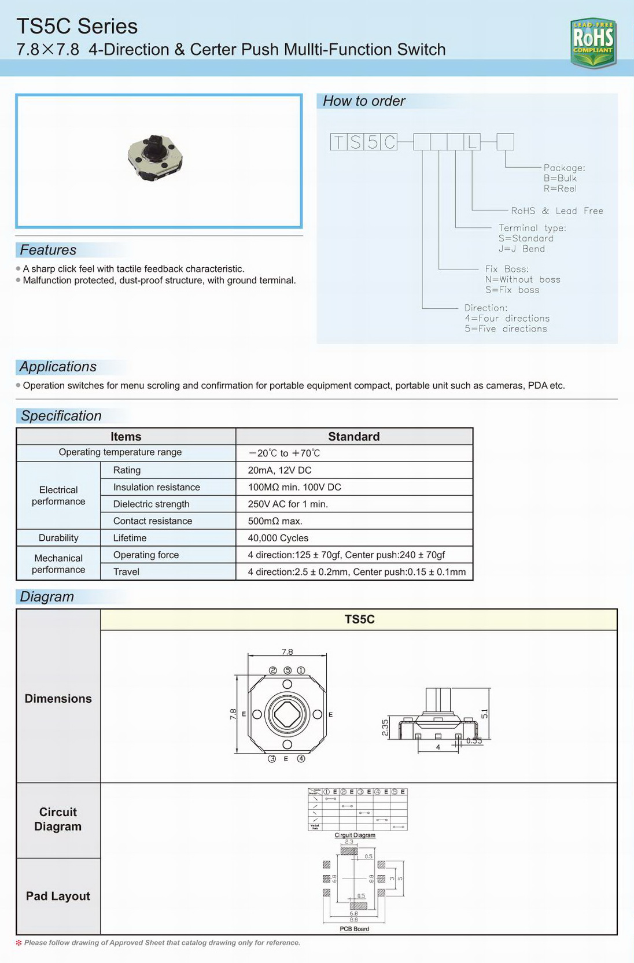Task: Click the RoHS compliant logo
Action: pyautogui.click(x=593, y=42)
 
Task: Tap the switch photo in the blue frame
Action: pyautogui.click(x=156, y=157)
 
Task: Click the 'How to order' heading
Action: pyautogui.click(x=364, y=101)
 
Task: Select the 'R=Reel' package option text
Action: pyautogui.click(x=559, y=189)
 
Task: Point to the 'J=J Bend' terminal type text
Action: pyautogui.click(x=521, y=249)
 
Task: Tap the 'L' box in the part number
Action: pyautogui.click(x=472, y=142)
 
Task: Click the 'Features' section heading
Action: pyautogui.click(x=48, y=250)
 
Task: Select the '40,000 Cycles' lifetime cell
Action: pyautogui.click(x=278, y=538)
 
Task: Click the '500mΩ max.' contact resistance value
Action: pyautogui.click(x=275, y=521)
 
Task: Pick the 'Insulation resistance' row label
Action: pyautogui.click(x=156, y=487)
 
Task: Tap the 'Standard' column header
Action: pyautogui.click(x=353, y=437)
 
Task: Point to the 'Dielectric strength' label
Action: pyautogui.click(x=151, y=504)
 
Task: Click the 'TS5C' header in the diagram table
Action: pyautogui.click(x=359, y=619)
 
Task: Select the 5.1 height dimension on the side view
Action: pyautogui.click(x=485, y=714)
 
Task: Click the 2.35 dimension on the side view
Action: pyautogui.click(x=385, y=728)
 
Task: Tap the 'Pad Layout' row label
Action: pyautogui.click(x=58, y=896)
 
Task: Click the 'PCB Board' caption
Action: pyautogui.click(x=354, y=929)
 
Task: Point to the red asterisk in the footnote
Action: pyautogui.click(x=19, y=943)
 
